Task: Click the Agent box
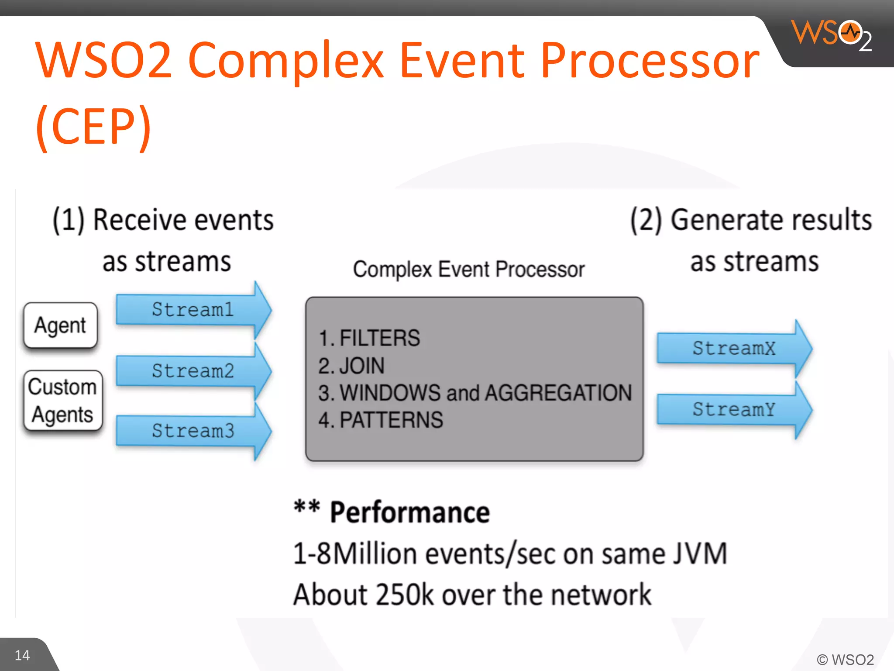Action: (61, 325)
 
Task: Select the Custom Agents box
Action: (62, 401)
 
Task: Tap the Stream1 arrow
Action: (193, 310)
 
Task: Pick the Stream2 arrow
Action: (193, 371)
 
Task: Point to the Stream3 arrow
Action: (193, 431)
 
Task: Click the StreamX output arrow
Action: (734, 349)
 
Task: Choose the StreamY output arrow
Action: (734, 410)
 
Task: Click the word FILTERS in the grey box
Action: (379, 338)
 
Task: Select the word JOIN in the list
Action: (362, 366)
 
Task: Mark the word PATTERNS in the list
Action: (391, 420)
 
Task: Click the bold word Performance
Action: (409, 512)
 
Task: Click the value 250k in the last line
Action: (404, 595)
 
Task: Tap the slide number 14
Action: (22, 655)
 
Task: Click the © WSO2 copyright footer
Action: (845, 660)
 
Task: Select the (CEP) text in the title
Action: (93, 127)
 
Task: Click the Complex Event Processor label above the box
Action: (468, 269)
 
